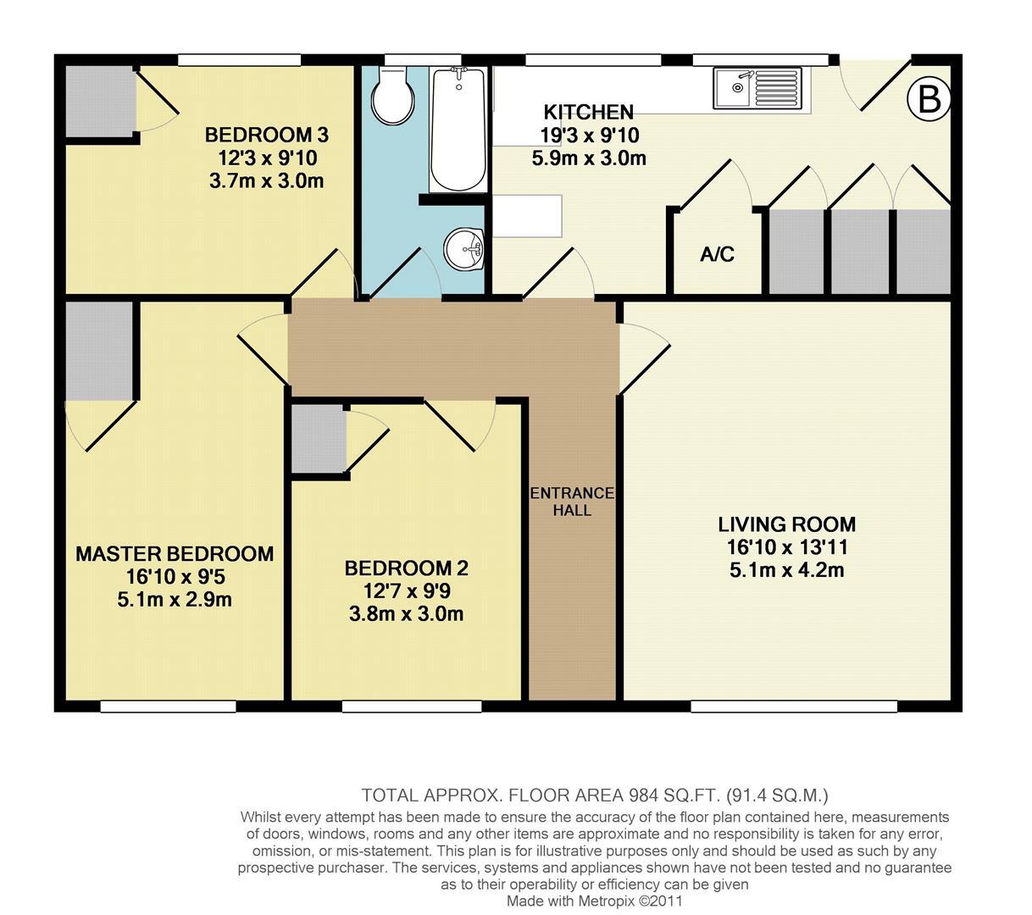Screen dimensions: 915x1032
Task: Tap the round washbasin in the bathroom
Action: pyautogui.click(x=463, y=248)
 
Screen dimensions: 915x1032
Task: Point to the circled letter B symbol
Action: pyautogui.click(x=929, y=100)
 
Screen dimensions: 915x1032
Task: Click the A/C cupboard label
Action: pyautogui.click(x=717, y=254)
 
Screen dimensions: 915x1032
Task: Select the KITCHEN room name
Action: pyautogui.click(x=588, y=112)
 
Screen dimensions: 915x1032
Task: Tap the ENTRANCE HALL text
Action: pyautogui.click(x=572, y=502)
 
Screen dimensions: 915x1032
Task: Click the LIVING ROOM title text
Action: pyautogui.click(x=786, y=524)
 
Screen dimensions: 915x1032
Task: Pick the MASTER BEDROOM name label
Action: pyautogui.click(x=175, y=554)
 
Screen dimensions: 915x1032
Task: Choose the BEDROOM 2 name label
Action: pyautogui.click(x=406, y=568)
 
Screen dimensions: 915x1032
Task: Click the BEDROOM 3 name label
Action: pyautogui.click(x=266, y=135)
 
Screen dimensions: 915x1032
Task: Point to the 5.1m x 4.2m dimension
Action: pyautogui.click(x=786, y=570)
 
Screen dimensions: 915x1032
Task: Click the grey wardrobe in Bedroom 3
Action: pyautogui.click(x=99, y=100)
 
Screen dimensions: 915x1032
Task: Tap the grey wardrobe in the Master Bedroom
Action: pyautogui.click(x=100, y=349)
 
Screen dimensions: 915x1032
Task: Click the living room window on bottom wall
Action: pyautogui.click(x=793, y=706)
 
